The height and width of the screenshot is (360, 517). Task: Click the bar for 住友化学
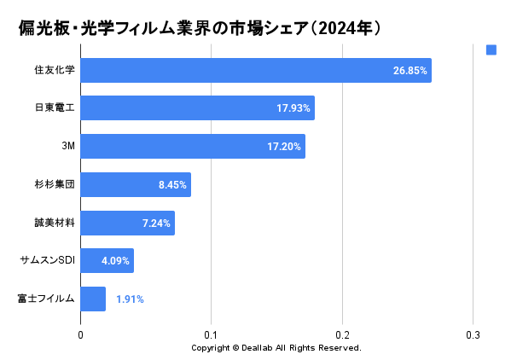coord(255,70)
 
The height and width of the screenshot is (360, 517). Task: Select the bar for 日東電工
coord(197,108)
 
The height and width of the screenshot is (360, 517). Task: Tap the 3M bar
coord(192,147)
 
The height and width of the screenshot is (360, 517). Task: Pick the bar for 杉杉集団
coord(135,184)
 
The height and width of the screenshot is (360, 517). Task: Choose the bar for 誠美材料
coord(127,223)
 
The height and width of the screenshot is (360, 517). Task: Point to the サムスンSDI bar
coord(107,261)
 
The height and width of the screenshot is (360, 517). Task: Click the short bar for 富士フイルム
coord(93,299)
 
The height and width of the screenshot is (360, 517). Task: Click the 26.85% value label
coord(410,71)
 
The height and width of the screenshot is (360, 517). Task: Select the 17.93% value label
coord(293,108)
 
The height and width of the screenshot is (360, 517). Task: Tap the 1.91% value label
coord(130,299)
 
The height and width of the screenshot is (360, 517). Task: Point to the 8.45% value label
coord(172,185)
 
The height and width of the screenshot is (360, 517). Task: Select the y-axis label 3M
coord(68,147)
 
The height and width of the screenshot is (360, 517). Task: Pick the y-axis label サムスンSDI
coord(47,261)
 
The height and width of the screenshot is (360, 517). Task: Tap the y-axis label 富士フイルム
coord(46,299)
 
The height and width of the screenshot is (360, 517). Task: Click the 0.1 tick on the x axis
coord(212,335)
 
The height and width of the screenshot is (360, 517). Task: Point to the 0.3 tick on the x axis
coord(473,335)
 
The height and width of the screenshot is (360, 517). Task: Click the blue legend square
coord(491,49)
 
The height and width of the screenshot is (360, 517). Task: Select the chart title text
coord(199,28)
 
